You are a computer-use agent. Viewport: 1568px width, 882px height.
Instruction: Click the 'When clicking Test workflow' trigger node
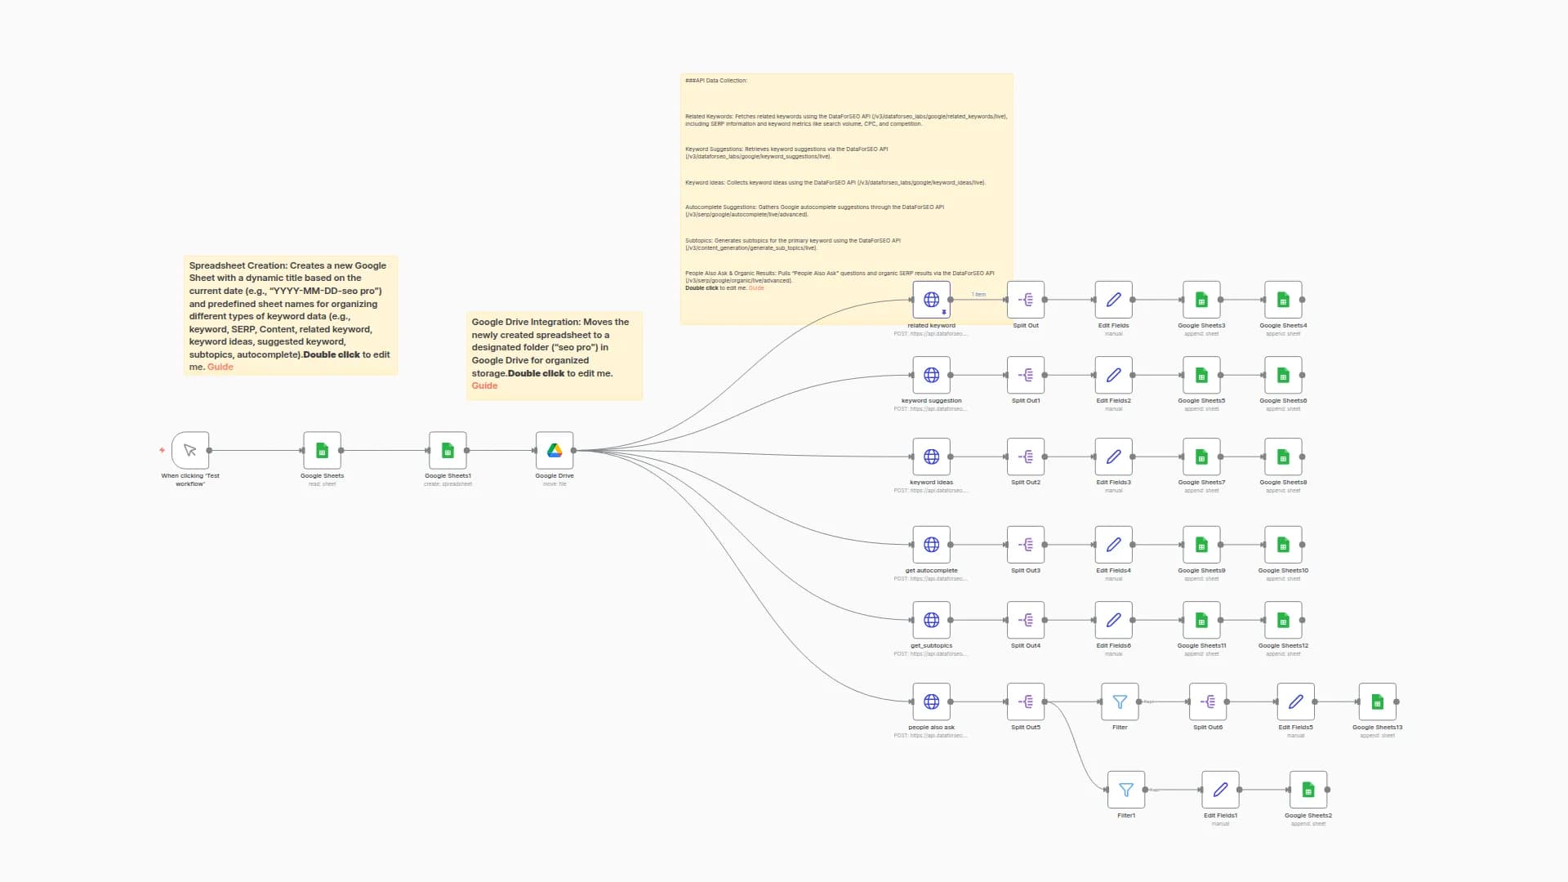pos(190,450)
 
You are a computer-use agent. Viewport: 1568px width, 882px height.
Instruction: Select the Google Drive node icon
pos(555,450)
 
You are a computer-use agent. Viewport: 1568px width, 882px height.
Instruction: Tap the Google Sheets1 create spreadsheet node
pos(448,450)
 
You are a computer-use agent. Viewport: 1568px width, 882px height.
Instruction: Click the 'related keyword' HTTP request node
pos(931,300)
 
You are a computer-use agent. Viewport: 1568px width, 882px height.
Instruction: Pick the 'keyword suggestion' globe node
pos(931,375)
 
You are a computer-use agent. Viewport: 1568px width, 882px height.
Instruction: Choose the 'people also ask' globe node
pos(931,702)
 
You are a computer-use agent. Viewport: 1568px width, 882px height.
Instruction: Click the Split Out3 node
pos(1026,545)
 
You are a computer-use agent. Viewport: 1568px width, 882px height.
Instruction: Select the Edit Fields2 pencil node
pos(1114,375)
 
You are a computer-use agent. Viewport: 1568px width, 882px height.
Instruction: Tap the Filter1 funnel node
pos(1126,790)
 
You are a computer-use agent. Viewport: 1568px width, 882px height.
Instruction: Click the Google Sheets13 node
pos(1378,702)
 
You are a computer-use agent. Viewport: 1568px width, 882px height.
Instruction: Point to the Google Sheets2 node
pos(1308,790)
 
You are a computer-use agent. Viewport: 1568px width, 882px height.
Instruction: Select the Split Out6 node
pos(1208,702)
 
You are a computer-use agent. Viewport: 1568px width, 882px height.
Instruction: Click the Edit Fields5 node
pos(1296,702)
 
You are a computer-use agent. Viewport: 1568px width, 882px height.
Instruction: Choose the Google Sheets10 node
pos(1283,545)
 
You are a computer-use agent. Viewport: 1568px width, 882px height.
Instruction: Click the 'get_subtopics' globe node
pos(931,620)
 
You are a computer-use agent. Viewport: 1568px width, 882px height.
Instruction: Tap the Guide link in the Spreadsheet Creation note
pos(220,367)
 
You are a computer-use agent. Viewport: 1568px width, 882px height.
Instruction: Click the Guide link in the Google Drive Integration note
pos(484,386)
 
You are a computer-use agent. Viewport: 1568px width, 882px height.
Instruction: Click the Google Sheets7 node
pos(1201,457)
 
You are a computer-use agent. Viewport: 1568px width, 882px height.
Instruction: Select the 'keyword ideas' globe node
pos(931,457)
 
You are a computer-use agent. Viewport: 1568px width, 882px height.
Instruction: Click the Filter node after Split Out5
pos(1120,702)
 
